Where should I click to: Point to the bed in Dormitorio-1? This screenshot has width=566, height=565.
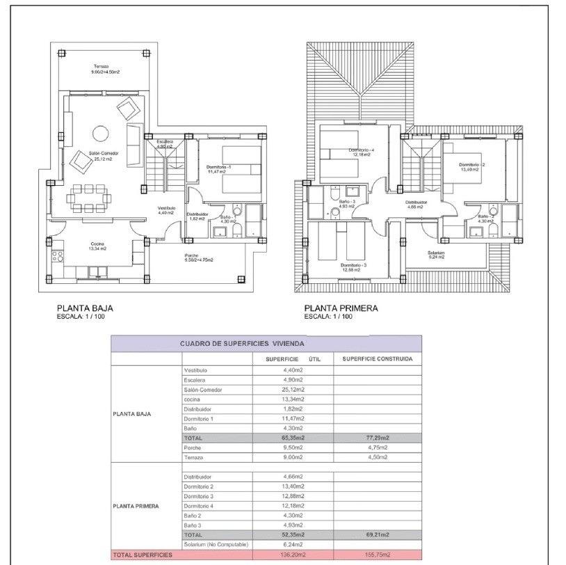(x=241, y=170)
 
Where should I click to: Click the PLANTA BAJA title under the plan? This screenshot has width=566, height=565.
(x=84, y=308)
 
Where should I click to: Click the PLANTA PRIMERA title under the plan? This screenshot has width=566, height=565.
(x=341, y=308)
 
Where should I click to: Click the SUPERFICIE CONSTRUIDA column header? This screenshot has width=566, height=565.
(x=378, y=359)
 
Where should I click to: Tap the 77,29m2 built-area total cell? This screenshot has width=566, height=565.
(x=378, y=438)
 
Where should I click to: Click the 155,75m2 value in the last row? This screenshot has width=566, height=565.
(x=378, y=555)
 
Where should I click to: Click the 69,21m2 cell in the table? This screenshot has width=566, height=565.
(x=378, y=534)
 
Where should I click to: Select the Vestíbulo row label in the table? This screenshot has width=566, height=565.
(x=195, y=370)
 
